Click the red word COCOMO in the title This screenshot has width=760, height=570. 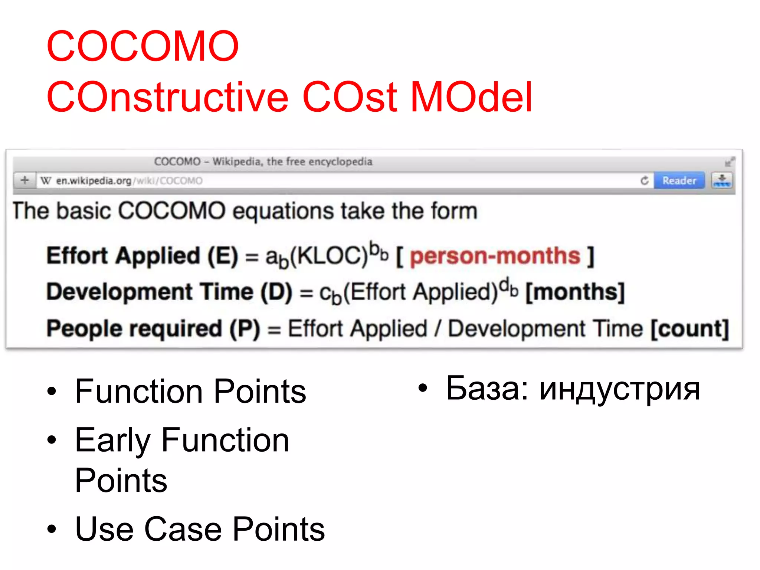[143, 46]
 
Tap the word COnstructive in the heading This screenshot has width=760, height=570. [167, 97]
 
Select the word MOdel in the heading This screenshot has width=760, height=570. [471, 97]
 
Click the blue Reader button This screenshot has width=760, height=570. [679, 181]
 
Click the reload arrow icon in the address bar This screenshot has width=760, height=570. [645, 181]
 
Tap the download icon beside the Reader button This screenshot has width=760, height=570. [722, 181]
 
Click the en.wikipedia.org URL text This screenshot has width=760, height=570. [94, 181]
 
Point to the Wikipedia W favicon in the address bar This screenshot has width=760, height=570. [46, 181]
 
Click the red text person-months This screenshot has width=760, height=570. [495, 256]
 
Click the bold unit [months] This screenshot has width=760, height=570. [575, 292]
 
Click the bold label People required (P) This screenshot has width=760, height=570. [153, 329]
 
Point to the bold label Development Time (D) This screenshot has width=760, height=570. [169, 292]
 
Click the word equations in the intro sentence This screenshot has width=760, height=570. [284, 211]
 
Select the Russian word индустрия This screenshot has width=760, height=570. [619, 390]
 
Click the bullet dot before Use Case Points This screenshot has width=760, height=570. [52, 529]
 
